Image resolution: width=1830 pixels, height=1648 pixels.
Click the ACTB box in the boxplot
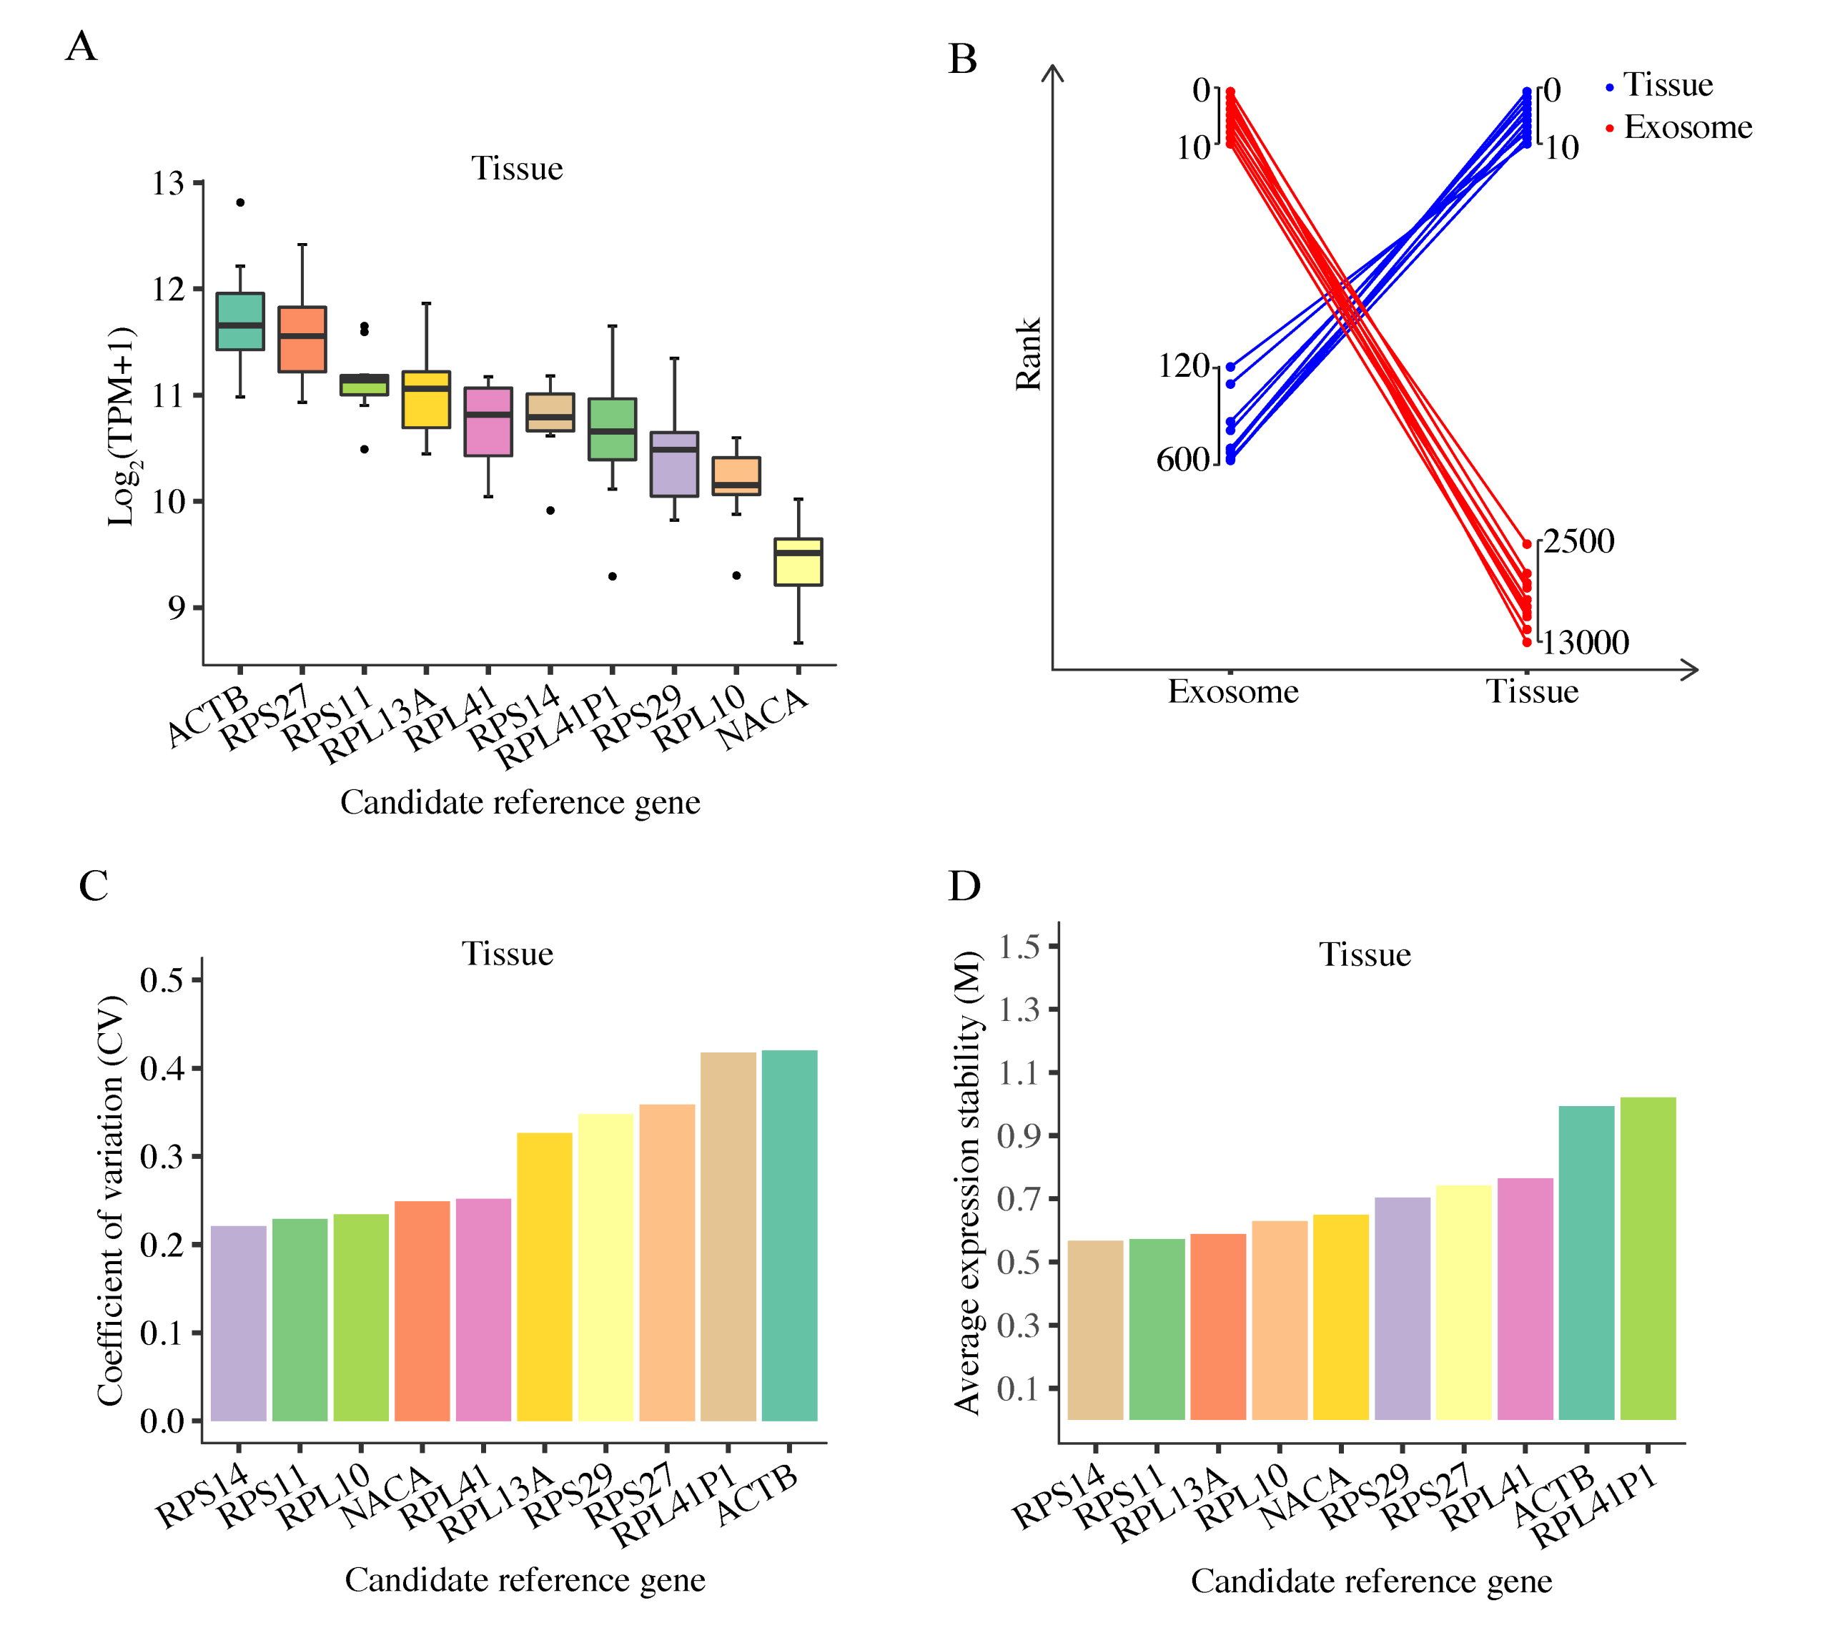(240, 322)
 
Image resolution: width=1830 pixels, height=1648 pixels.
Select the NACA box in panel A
(798, 562)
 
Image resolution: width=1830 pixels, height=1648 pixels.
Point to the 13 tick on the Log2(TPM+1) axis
(169, 184)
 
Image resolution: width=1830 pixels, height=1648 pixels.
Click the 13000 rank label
(1585, 643)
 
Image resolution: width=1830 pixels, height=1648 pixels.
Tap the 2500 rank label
(1578, 541)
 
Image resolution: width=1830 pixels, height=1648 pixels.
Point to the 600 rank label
(1182, 460)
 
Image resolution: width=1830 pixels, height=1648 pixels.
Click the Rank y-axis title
(1029, 354)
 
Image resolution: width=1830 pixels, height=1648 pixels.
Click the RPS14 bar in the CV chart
(238, 1323)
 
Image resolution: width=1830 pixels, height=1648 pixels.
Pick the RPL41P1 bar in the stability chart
(1647, 1258)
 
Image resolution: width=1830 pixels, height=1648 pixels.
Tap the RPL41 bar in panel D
(1525, 1298)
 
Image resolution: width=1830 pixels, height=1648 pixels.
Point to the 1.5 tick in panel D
(1019, 947)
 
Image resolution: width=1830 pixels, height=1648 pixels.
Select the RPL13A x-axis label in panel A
(380, 724)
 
